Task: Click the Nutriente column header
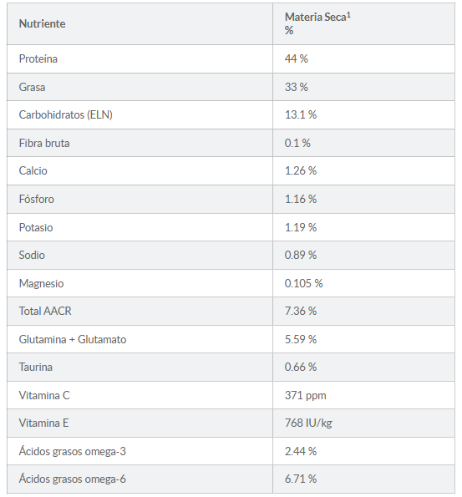(x=42, y=23)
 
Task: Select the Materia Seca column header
(x=317, y=23)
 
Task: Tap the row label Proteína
(x=38, y=59)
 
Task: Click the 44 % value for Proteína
(x=296, y=59)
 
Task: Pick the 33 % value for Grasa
(x=296, y=87)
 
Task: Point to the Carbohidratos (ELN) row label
(x=66, y=114)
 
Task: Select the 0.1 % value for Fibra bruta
(x=297, y=144)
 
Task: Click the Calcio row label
(x=33, y=171)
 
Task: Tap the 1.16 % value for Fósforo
(x=301, y=199)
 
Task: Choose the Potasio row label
(x=36, y=227)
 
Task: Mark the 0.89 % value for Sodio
(x=301, y=255)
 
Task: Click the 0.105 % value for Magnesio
(x=303, y=283)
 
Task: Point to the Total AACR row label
(x=45, y=311)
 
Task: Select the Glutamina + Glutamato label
(x=73, y=339)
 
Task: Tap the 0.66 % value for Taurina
(x=301, y=367)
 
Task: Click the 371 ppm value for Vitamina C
(x=306, y=396)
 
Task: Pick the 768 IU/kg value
(x=308, y=423)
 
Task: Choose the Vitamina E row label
(x=43, y=423)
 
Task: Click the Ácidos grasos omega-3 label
(x=73, y=451)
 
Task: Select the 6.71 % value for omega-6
(x=301, y=479)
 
